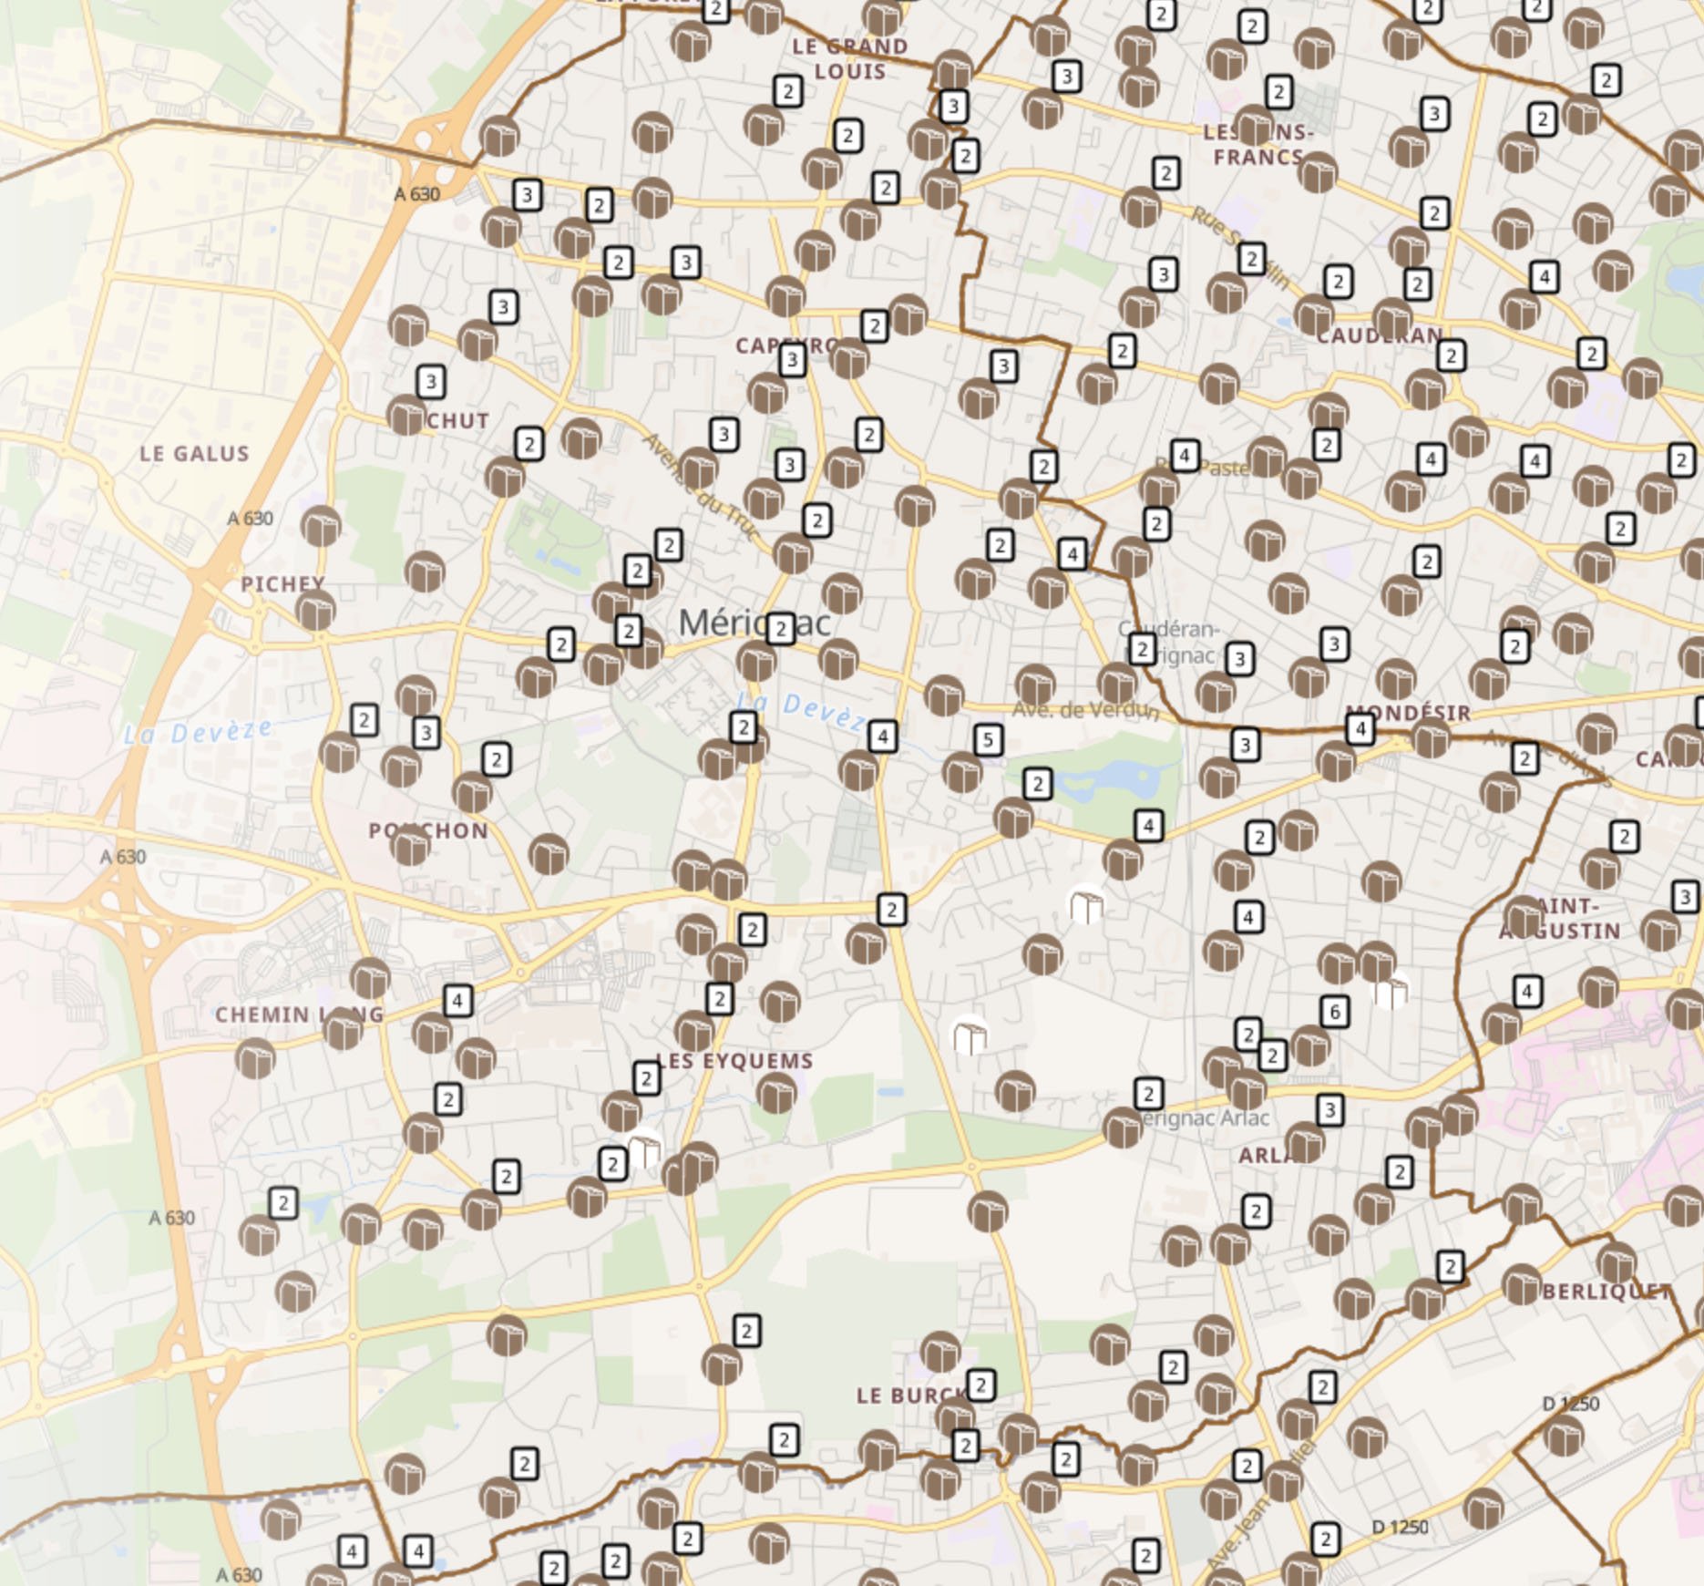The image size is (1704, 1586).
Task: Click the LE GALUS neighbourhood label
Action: tap(194, 454)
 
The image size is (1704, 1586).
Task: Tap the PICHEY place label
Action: tap(282, 583)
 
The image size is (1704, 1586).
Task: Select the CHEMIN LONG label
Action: tap(300, 1014)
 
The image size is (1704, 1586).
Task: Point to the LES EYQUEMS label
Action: tap(735, 1061)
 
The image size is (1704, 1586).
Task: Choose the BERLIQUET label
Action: tap(1606, 1292)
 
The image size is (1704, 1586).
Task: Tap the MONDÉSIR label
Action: tap(1409, 713)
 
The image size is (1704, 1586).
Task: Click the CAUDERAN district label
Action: tap(1380, 336)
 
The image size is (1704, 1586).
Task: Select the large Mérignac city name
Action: tap(755, 623)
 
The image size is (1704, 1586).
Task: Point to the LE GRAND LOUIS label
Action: tap(850, 59)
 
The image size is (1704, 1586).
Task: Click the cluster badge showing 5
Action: tap(988, 740)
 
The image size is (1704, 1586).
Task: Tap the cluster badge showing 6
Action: tap(1334, 1011)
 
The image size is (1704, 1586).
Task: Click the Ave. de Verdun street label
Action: tap(1084, 709)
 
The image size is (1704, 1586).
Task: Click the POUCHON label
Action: tap(428, 831)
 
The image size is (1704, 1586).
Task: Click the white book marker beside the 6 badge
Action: tap(1391, 991)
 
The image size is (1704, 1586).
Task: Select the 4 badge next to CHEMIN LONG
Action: tap(457, 1001)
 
